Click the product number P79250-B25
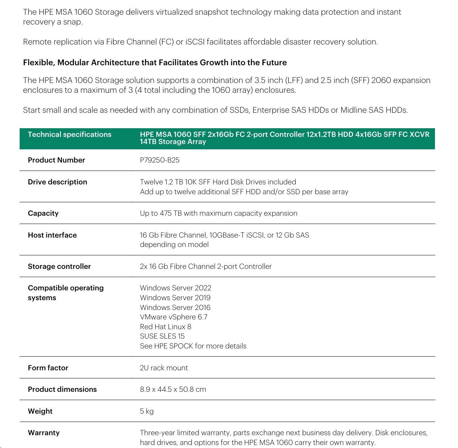[159, 160]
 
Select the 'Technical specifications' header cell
[69, 135]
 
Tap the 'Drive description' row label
[57, 182]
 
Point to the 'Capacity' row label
[43, 213]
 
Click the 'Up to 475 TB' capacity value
[218, 213]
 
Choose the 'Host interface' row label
[52, 235]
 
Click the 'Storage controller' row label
[59, 266]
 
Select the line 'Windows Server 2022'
[176, 288]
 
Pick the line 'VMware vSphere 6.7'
[173, 317]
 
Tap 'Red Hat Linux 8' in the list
[165, 327]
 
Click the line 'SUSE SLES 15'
[162, 336]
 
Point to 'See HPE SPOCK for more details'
[193, 346]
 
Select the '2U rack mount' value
[163, 368]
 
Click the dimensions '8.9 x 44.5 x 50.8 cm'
[173, 389]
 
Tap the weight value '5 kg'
[146, 411]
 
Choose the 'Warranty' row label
[43, 433]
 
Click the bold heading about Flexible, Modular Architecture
[155, 63]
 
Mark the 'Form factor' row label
[48, 368]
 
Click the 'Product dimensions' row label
[62, 389]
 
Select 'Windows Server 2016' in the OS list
[175, 307]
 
